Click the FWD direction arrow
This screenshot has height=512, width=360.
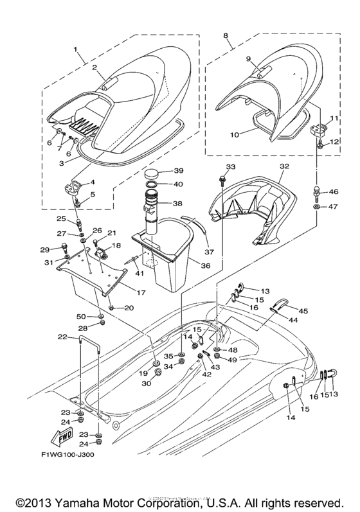tap(66, 438)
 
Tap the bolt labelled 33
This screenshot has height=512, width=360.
tap(222, 175)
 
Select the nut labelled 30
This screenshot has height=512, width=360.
tap(157, 372)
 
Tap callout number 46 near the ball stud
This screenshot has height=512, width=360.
tap(333, 191)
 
